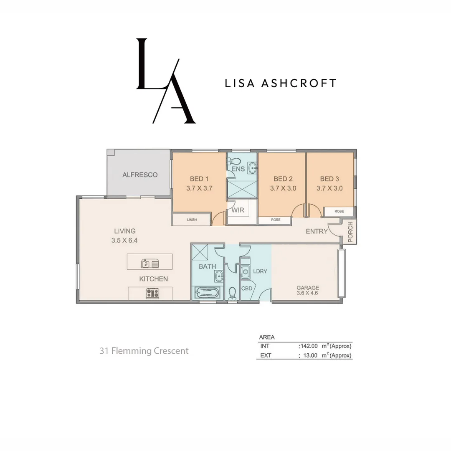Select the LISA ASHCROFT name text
pyautogui.click(x=280, y=83)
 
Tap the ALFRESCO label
pyautogui.click(x=140, y=175)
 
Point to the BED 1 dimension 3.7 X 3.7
pyautogui.click(x=200, y=188)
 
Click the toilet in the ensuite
pyautogui.click(x=234, y=161)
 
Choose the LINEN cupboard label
pyautogui.click(x=192, y=220)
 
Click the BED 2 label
pyautogui.click(x=283, y=179)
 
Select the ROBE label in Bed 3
pyautogui.click(x=340, y=212)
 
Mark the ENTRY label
pyautogui.click(x=317, y=231)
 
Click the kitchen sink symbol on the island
pyautogui.click(x=150, y=264)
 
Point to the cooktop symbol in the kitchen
pyautogui.click(x=152, y=293)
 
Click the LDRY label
pyautogui.click(x=260, y=271)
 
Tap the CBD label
pyautogui.click(x=246, y=289)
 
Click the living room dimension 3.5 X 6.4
pyautogui.click(x=124, y=241)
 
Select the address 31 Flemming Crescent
pyautogui.click(x=144, y=351)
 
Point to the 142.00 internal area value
pyautogui.click(x=309, y=346)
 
